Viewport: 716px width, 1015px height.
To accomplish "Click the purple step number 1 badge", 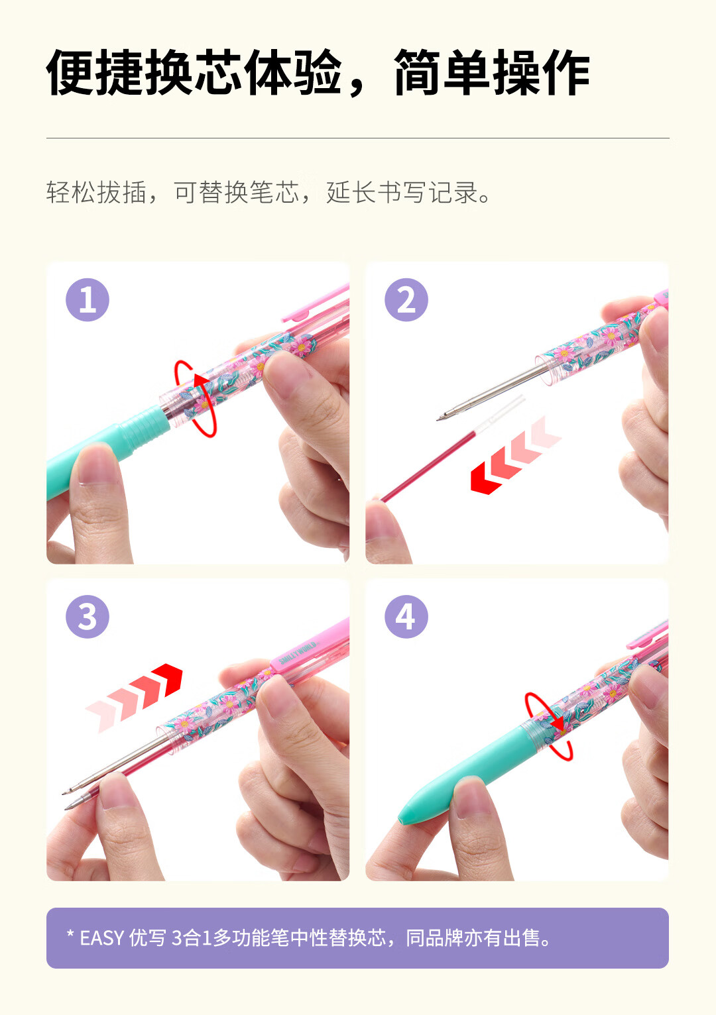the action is click(88, 300).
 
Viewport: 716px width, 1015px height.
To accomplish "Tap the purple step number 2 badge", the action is click(406, 300).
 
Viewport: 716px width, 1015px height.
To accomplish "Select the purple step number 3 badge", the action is click(88, 617).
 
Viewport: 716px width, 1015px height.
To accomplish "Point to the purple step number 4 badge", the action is click(406, 617).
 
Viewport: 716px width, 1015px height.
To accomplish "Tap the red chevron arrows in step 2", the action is click(516, 456).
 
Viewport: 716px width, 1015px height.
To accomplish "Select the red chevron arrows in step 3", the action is click(134, 698).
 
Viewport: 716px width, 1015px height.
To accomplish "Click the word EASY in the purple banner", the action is click(101, 938).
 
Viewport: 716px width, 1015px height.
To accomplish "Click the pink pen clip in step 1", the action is click(316, 303).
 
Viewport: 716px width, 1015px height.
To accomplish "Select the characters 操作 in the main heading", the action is click(541, 72).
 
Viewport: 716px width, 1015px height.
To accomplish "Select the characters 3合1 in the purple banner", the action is click(192, 938).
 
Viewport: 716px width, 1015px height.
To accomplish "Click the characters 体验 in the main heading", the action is click(292, 72).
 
